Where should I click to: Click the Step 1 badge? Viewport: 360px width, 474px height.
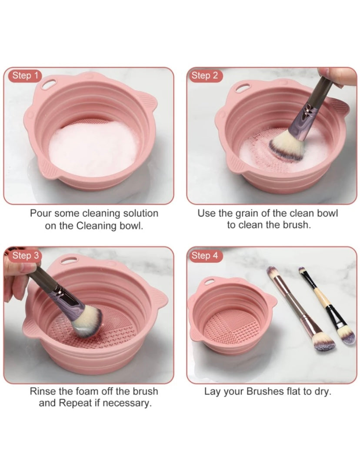click(25, 76)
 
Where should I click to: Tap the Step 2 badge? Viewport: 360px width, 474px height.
click(205, 76)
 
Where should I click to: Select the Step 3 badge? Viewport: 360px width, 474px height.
click(25, 255)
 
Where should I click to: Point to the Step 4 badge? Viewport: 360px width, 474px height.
click(205, 255)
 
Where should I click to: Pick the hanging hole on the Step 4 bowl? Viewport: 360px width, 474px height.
click(209, 282)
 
